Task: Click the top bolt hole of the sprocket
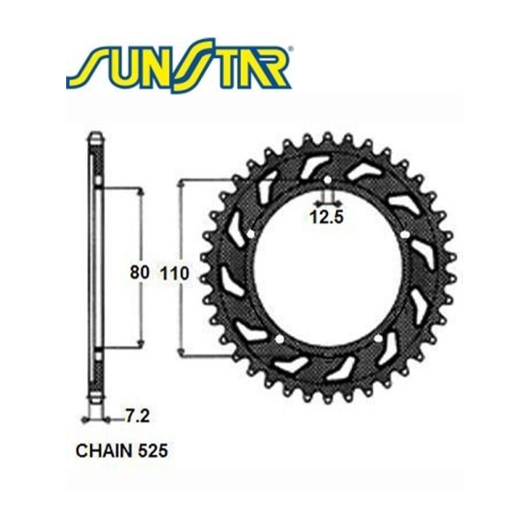[328, 181]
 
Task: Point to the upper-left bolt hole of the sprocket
[251, 235]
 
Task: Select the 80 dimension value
[138, 273]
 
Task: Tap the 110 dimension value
[174, 273]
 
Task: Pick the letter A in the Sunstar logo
[246, 69]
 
